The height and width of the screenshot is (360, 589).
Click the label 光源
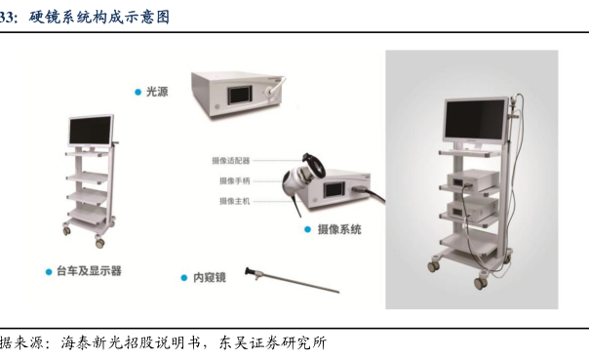click(157, 92)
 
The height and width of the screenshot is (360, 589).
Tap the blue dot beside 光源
click(137, 92)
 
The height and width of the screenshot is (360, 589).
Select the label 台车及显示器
click(89, 271)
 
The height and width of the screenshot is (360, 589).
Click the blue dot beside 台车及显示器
click(49, 271)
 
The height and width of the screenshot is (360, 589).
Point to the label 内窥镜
click(210, 277)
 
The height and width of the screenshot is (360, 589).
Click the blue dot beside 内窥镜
click(184, 278)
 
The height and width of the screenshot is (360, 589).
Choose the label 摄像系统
click(339, 229)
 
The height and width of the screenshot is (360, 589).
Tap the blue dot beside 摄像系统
click(307, 229)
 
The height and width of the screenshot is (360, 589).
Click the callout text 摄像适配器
click(231, 161)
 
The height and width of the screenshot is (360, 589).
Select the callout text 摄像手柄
click(234, 181)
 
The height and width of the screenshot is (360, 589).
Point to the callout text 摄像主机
click(234, 201)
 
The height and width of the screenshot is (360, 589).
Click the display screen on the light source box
click(240, 95)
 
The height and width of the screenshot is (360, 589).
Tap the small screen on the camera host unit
click(334, 190)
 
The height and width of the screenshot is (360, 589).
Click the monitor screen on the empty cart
click(90, 130)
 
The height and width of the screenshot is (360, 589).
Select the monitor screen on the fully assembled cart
click(475, 119)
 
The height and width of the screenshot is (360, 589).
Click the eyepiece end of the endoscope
click(248, 271)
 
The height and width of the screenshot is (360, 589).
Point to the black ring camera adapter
click(314, 164)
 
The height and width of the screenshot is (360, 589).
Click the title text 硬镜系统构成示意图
click(99, 18)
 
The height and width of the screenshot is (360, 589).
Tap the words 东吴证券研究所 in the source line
click(273, 342)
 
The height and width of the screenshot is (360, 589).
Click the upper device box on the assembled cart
click(472, 180)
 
